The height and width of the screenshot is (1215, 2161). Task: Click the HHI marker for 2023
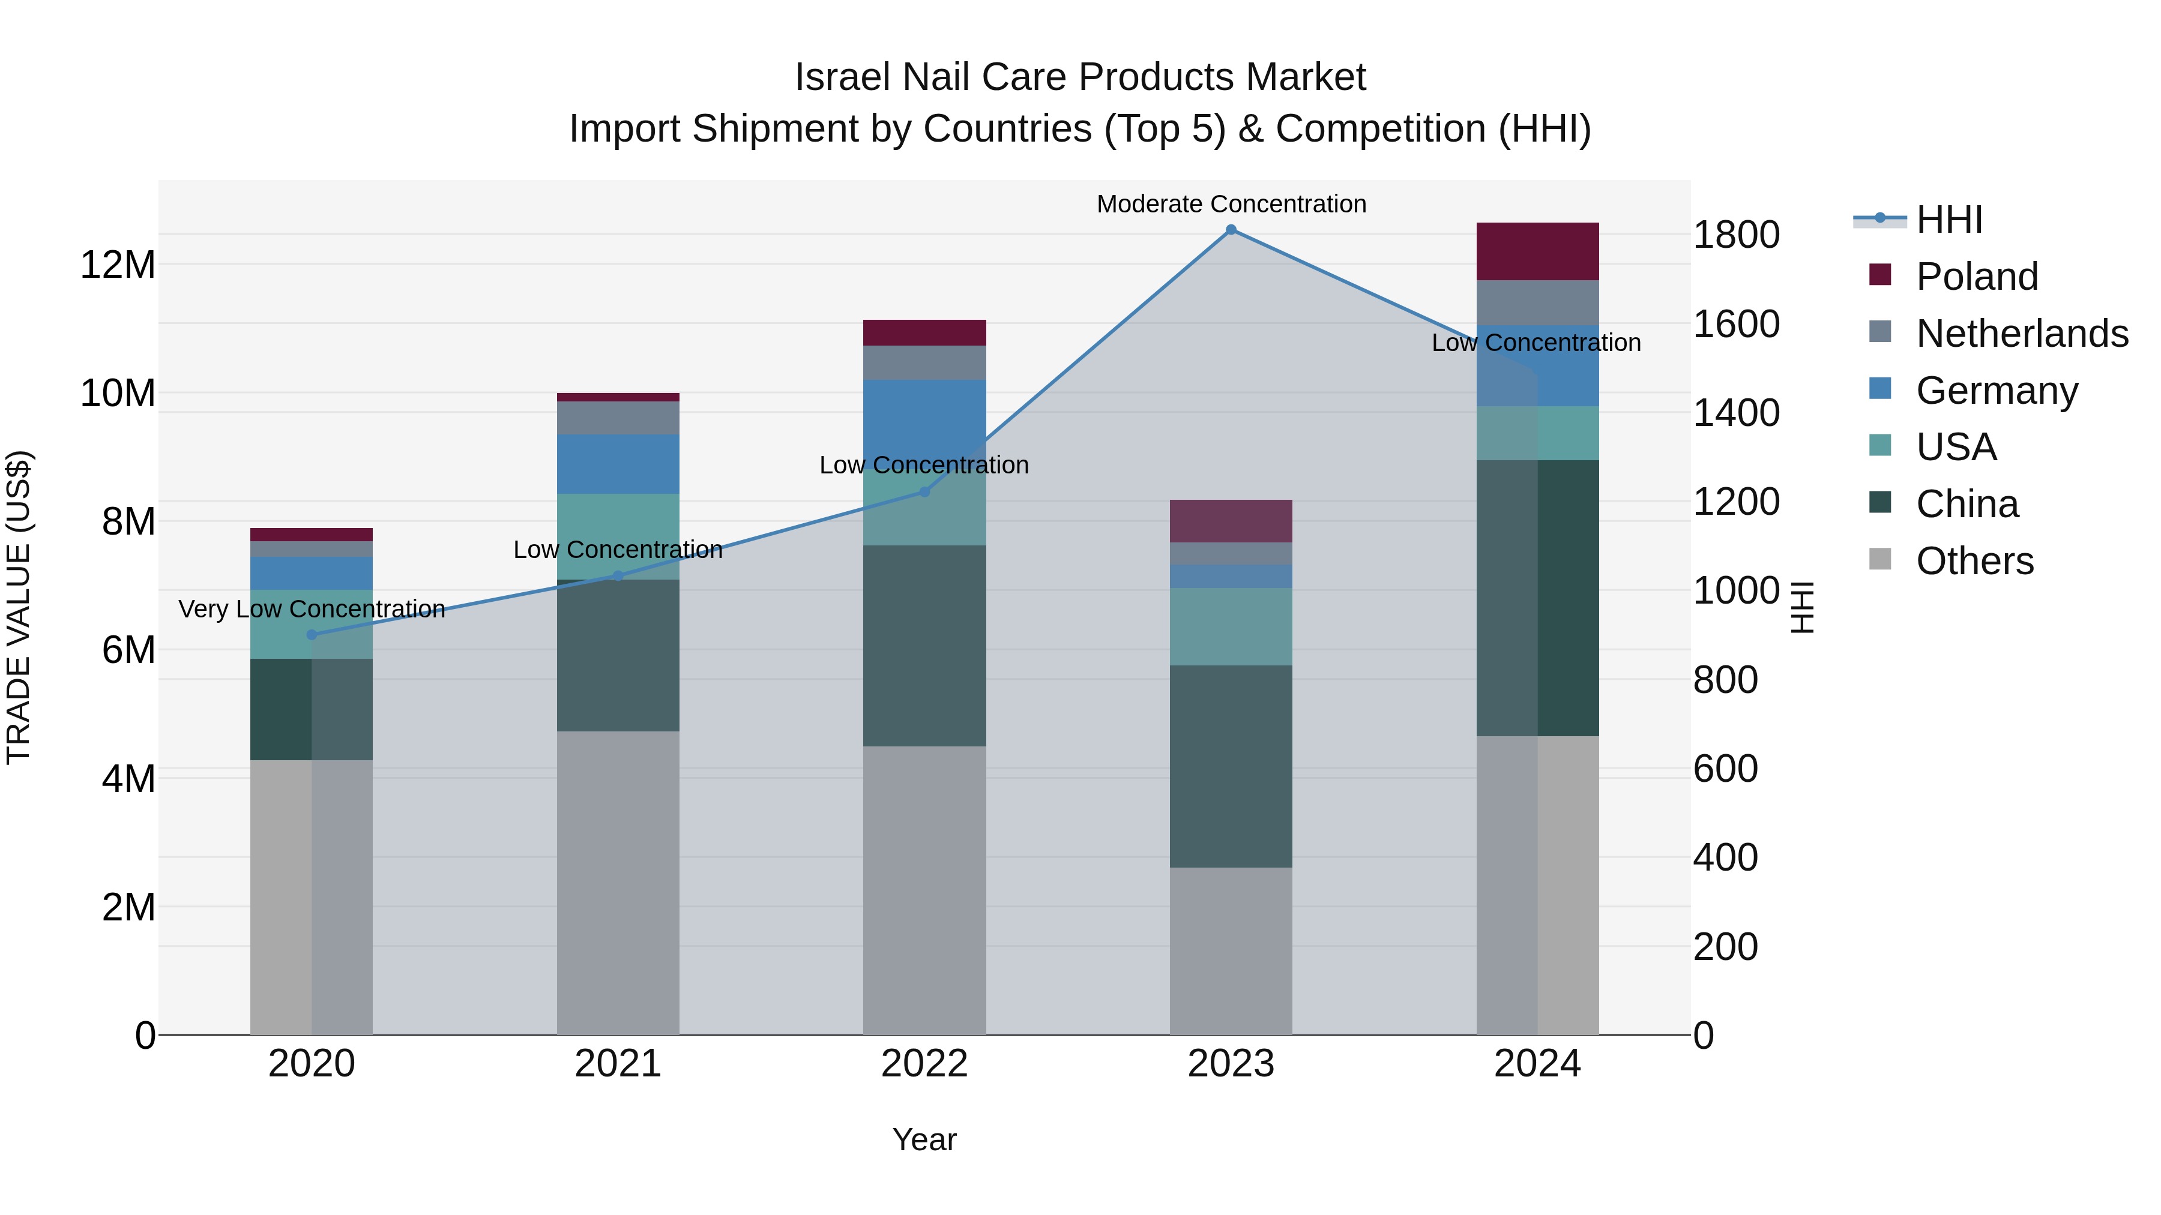coord(1231,230)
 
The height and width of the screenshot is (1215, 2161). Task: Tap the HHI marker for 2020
coord(312,635)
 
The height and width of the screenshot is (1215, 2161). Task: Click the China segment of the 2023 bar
coord(1231,766)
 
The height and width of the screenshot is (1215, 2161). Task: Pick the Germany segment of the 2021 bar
coord(618,464)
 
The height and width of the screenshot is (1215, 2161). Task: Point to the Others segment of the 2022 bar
coord(924,890)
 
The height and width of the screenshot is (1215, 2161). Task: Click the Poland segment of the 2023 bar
coord(1231,521)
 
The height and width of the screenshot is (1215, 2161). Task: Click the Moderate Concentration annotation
coord(1231,204)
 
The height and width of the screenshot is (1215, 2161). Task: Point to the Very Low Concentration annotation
coord(312,609)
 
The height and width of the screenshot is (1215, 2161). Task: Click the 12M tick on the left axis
coord(118,265)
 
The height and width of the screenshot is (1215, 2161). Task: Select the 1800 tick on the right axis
coord(1735,235)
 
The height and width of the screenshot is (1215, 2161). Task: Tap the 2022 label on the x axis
coord(924,1064)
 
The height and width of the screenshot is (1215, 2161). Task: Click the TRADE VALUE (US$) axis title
coord(19,607)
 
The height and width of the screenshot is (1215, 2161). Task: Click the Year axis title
coord(924,1139)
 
